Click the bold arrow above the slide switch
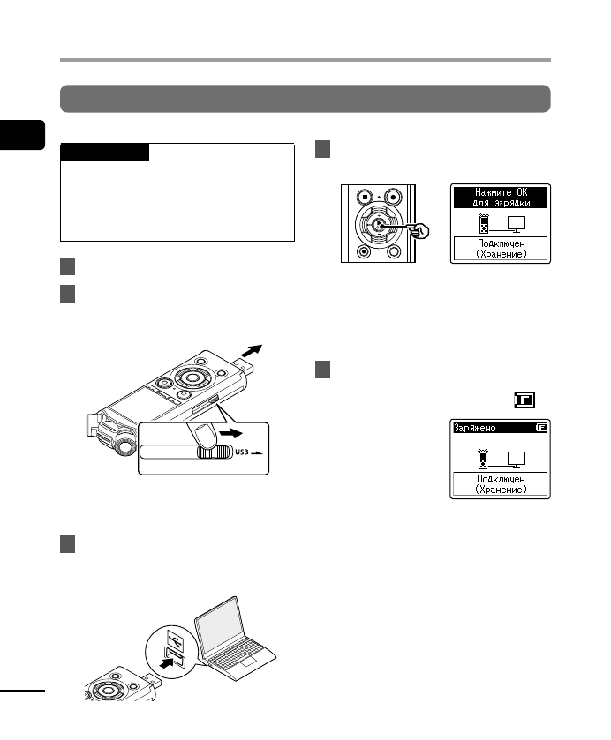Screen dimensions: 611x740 231,433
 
